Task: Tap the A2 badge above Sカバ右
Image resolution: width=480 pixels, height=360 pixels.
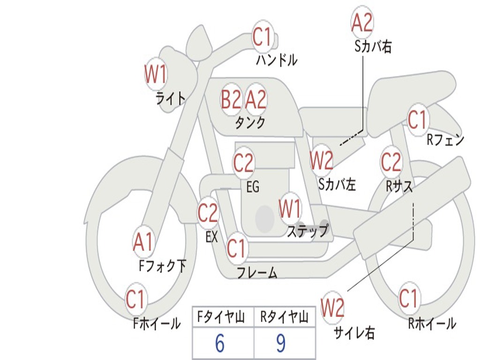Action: click(x=362, y=22)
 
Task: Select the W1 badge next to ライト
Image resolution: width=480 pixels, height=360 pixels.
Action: click(x=156, y=74)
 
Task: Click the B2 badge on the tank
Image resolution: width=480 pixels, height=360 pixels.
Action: click(x=231, y=99)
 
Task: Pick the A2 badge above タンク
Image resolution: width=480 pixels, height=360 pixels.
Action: click(x=256, y=99)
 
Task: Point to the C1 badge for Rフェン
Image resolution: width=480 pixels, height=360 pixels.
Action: click(x=417, y=120)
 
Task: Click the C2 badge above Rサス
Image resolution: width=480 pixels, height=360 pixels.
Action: click(x=391, y=162)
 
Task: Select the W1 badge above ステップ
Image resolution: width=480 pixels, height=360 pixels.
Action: click(x=290, y=209)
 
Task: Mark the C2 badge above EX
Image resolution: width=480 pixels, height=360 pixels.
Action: click(x=208, y=213)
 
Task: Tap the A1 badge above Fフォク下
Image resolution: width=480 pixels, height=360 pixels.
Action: click(x=143, y=242)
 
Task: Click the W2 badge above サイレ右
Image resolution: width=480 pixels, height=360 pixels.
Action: click(x=332, y=308)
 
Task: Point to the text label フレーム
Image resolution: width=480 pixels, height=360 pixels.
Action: click(x=257, y=273)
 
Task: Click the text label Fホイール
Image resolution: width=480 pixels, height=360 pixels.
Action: click(x=157, y=323)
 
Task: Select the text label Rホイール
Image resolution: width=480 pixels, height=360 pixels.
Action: click(x=432, y=323)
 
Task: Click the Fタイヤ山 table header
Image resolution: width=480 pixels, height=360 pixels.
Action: click(x=220, y=318)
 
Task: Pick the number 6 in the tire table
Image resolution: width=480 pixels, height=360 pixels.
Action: click(x=219, y=344)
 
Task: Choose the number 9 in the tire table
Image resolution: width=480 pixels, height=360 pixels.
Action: click(x=280, y=344)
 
